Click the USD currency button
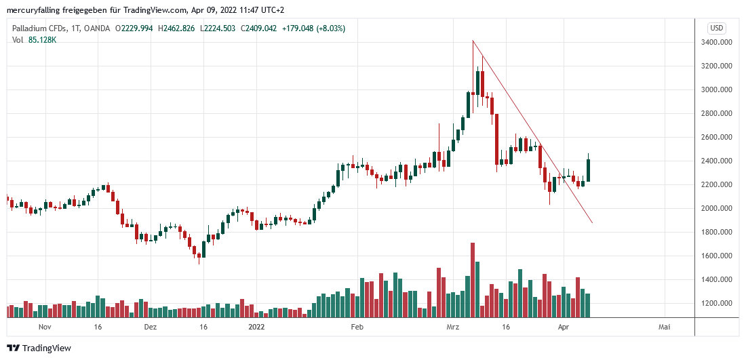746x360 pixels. (716, 28)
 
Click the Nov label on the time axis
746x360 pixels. (45, 327)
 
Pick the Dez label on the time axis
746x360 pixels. (151, 327)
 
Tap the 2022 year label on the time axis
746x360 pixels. (256, 327)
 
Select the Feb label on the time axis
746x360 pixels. (357, 327)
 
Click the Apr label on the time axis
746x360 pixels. (563, 327)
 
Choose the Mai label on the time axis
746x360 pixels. (665, 327)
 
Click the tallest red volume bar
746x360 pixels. (473, 279)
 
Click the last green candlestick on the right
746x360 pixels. (589, 170)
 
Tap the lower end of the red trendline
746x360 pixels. (593, 223)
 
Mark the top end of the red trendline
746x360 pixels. (473, 41)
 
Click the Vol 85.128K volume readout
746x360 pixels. (34, 40)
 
